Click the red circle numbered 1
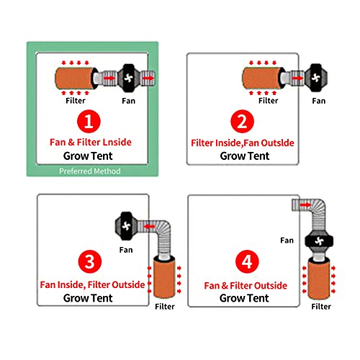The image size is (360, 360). click(89, 122)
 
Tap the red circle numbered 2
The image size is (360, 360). click(242, 122)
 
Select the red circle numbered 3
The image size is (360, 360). click(90, 261)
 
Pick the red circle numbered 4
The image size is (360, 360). click(247, 261)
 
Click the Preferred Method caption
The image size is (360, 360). click(90, 171)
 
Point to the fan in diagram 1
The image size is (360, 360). click(128, 78)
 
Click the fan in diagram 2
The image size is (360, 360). click(316, 78)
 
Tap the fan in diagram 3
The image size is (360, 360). click(126, 226)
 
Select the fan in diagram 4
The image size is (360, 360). click(319, 241)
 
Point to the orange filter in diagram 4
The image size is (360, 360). click(319, 279)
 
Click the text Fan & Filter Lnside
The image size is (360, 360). click(91, 143)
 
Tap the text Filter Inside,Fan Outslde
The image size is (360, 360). click(243, 143)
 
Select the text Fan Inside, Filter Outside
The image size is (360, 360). click(92, 285)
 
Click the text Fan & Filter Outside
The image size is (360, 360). click(246, 286)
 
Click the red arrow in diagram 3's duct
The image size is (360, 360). click(150, 226)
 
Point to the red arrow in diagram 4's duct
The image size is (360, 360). click(305, 204)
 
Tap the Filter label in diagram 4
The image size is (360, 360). click(321, 307)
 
